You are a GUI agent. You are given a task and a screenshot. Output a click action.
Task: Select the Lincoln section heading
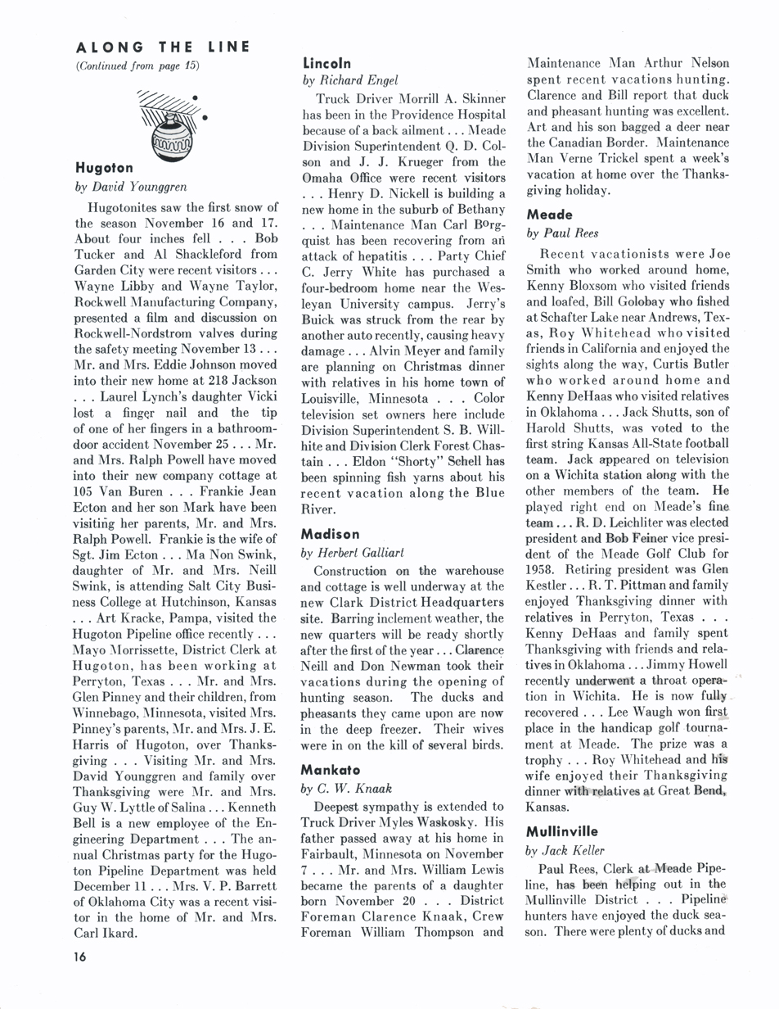pos(326,62)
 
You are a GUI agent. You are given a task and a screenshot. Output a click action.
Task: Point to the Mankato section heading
pos(332,770)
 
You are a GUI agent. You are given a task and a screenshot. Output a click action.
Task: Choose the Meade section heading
pos(550,215)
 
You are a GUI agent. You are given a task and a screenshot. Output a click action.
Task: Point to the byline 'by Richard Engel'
pos(350,79)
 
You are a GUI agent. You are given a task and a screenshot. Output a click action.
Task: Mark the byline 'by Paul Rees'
pos(563,233)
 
